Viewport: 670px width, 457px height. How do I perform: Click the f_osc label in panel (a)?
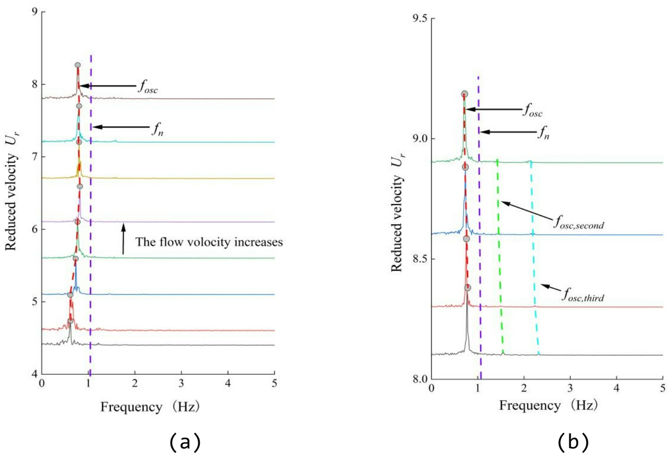(x=148, y=87)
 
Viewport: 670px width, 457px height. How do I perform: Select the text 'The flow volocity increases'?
(x=209, y=242)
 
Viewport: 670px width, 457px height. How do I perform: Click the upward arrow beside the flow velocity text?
(x=123, y=239)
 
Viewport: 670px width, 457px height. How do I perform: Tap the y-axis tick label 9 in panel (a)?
(x=34, y=12)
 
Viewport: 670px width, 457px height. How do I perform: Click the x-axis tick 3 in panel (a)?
(x=181, y=383)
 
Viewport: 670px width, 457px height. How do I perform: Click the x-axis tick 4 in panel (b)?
(x=617, y=388)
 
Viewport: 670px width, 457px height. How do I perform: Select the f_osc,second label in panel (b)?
(x=579, y=223)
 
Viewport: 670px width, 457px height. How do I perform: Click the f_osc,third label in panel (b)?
(x=583, y=295)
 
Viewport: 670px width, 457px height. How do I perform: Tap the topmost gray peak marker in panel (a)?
(x=77, y=65)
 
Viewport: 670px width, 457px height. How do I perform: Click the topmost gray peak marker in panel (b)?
(x=464, y=94)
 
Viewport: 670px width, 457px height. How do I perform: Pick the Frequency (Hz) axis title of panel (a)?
(x=150, y=407)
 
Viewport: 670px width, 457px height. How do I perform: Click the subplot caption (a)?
(x=185, y=442)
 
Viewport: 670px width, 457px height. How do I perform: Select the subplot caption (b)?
(x=573, y=442)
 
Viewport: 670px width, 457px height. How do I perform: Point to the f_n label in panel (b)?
(x=543, y=132)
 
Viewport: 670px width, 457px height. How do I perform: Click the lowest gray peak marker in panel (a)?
(x=70, y=321)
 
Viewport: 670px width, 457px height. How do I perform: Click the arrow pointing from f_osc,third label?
(x=551, y=288)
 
